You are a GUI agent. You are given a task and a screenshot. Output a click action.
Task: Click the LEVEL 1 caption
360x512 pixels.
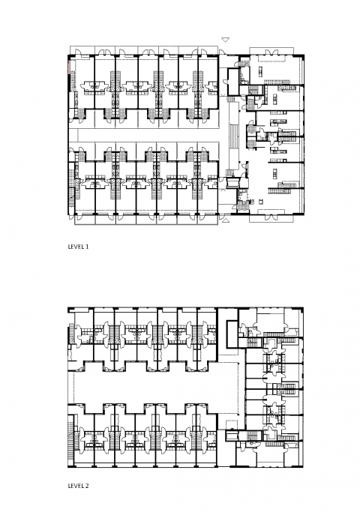point(78,247)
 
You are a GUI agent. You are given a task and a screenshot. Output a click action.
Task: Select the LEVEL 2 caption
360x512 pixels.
point(78,486)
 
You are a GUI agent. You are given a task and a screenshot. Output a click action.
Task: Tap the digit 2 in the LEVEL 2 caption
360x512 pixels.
point(87,486)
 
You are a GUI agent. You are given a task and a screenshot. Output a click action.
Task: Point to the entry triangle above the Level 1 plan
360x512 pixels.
point(225,40)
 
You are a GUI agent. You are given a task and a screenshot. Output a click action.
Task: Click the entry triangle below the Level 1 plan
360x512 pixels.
point(225,221)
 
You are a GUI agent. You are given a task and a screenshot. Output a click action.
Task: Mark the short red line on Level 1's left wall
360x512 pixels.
point(68,66)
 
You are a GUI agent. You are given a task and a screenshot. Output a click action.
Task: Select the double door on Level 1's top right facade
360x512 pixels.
point(271,52)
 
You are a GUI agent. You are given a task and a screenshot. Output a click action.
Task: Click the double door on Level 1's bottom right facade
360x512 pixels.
point(271,216)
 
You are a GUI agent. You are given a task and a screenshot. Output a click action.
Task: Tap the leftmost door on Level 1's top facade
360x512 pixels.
point(79,52)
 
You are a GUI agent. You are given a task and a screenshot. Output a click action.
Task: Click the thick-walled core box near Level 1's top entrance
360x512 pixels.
point(233,81)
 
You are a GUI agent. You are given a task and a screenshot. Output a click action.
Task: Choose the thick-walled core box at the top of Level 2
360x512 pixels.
point(232,334)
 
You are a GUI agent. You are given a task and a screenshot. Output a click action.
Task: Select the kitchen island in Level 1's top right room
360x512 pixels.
point(260,71)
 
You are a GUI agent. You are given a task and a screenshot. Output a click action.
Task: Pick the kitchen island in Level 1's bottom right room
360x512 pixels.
point(275,172)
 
